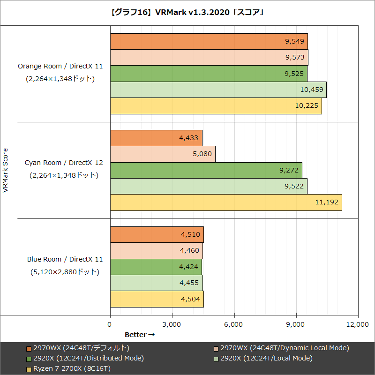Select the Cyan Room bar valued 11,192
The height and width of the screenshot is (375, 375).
coord(226,202)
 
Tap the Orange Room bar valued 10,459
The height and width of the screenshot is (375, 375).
coord(218,90)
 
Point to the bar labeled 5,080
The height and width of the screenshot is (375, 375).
coord(162,154)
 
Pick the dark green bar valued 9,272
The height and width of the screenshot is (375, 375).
coord(206,170)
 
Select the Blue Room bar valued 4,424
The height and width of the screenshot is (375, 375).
coord(156,267)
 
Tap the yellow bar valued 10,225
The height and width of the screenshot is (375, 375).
coord(216,106)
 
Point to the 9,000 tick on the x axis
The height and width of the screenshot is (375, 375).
coord(296,324)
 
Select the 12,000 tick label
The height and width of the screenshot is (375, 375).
coord(358,324)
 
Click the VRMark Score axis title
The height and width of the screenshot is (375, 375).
coord(6,171)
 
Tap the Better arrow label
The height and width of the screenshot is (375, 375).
coord(139,335)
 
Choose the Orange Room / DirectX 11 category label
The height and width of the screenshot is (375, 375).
coord(60,67)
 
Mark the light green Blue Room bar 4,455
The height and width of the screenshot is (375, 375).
coord(156,283)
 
